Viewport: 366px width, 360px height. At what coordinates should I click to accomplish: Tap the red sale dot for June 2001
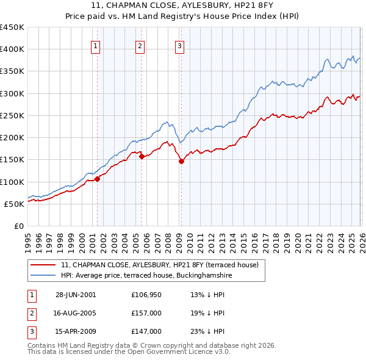(98, 179)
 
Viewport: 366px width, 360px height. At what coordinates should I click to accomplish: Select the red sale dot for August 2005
(142, 156)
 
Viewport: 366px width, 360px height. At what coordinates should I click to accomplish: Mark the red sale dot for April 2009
(181, 161)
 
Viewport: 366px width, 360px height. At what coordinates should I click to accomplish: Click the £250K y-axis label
(12, 115)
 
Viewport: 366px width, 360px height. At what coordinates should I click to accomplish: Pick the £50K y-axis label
(15, 204)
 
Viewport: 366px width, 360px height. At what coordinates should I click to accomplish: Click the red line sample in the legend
(43, 265)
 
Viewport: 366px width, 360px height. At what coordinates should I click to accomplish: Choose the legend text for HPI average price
(146, 276)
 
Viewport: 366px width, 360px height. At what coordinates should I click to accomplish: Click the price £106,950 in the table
(146, 295)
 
